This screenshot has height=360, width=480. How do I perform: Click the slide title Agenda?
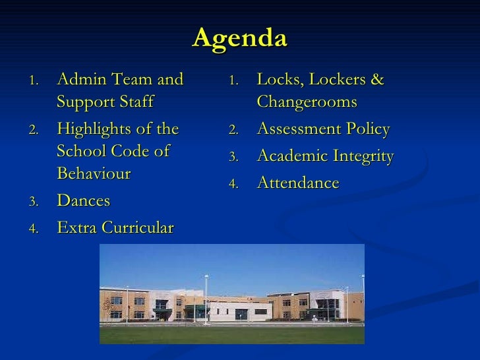[240, 38]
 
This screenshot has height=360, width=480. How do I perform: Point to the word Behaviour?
[94, 174]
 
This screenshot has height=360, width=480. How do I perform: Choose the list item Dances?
[84, 200]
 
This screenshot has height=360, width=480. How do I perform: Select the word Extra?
[74, 228]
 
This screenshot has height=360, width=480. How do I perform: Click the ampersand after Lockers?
[376, 80]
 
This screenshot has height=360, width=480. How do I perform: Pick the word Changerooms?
[307, 103]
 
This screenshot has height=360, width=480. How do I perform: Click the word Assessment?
[297, 129]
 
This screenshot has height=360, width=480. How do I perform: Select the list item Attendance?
[297, 183]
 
